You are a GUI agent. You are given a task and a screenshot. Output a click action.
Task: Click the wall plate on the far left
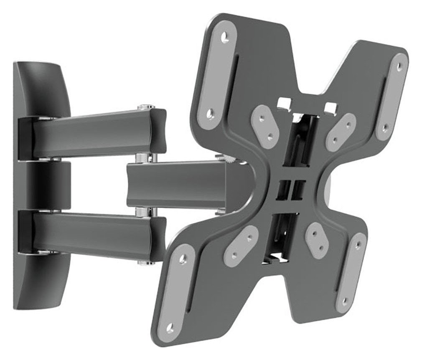point(40,184)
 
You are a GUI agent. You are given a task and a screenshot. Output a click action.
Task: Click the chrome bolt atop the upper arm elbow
point(145,107)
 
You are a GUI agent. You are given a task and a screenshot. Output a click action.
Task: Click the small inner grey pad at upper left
point(266,124)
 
